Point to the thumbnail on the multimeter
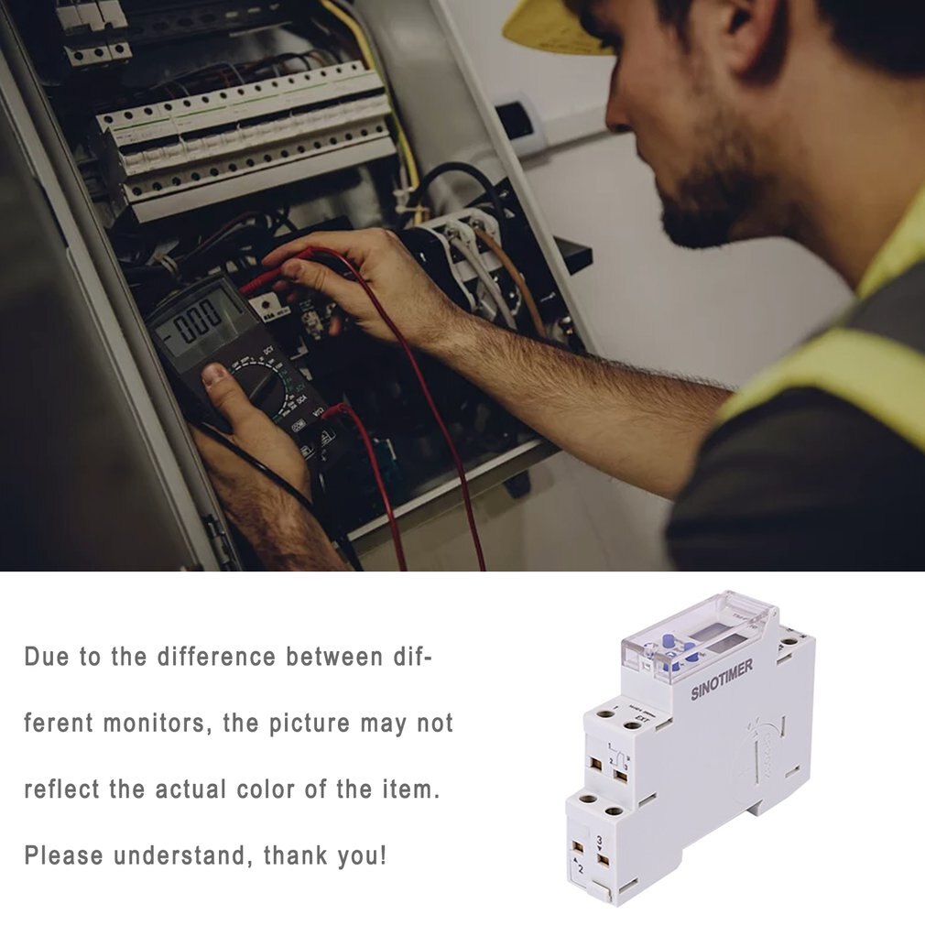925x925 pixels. pos(213,374)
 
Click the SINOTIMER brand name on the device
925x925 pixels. pos(722,680)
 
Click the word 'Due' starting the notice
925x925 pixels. pos(45,657)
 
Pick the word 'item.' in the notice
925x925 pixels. pos(407,789)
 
